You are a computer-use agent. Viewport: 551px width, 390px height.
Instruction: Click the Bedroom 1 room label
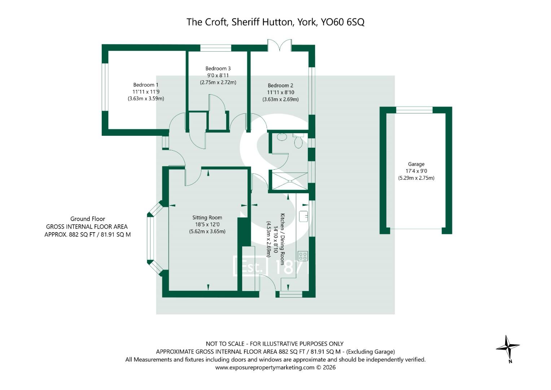145,85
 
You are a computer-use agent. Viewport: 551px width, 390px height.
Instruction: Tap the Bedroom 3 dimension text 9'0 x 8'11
218,75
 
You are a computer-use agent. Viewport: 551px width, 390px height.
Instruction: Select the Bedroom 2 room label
280,86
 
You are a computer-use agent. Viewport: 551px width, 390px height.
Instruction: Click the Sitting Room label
207,218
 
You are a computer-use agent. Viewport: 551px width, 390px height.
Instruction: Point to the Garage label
416,164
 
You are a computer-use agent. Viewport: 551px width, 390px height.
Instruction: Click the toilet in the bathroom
298,142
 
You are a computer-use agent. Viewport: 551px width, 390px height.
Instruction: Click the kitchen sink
303,216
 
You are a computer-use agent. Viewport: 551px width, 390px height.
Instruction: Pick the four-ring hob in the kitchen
303,256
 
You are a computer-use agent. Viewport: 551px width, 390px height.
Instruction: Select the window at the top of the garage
414,110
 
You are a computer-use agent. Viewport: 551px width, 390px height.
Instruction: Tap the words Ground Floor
88,219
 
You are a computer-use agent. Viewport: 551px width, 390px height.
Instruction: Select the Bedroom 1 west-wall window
105,87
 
